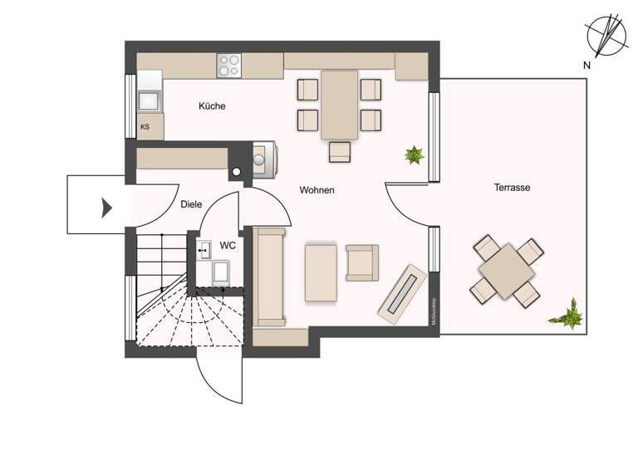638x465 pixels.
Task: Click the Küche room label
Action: tap(212, 106)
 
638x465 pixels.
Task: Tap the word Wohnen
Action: tap(317, 190)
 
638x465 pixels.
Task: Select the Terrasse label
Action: tap(512, 188)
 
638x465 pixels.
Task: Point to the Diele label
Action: tap(190, 204)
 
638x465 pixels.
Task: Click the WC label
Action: tap(228, 246)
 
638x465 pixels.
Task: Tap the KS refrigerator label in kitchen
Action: tap(145, 127)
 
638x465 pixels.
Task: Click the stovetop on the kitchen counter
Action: tap(229, 66)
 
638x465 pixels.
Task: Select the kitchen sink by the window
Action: tap(150, 100)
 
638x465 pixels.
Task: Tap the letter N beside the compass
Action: tap(586, 65)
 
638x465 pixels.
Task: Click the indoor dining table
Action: tap(339, 104)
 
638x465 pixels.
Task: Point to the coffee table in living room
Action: tap(321, 272)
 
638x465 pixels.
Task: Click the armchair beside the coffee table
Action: tap(362, 262)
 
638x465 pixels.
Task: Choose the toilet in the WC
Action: tap(222, 272)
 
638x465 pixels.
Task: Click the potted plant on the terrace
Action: tap(568, 314)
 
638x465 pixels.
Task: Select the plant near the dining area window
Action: tap(413, 154)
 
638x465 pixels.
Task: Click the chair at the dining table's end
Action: tap(340, 151)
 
